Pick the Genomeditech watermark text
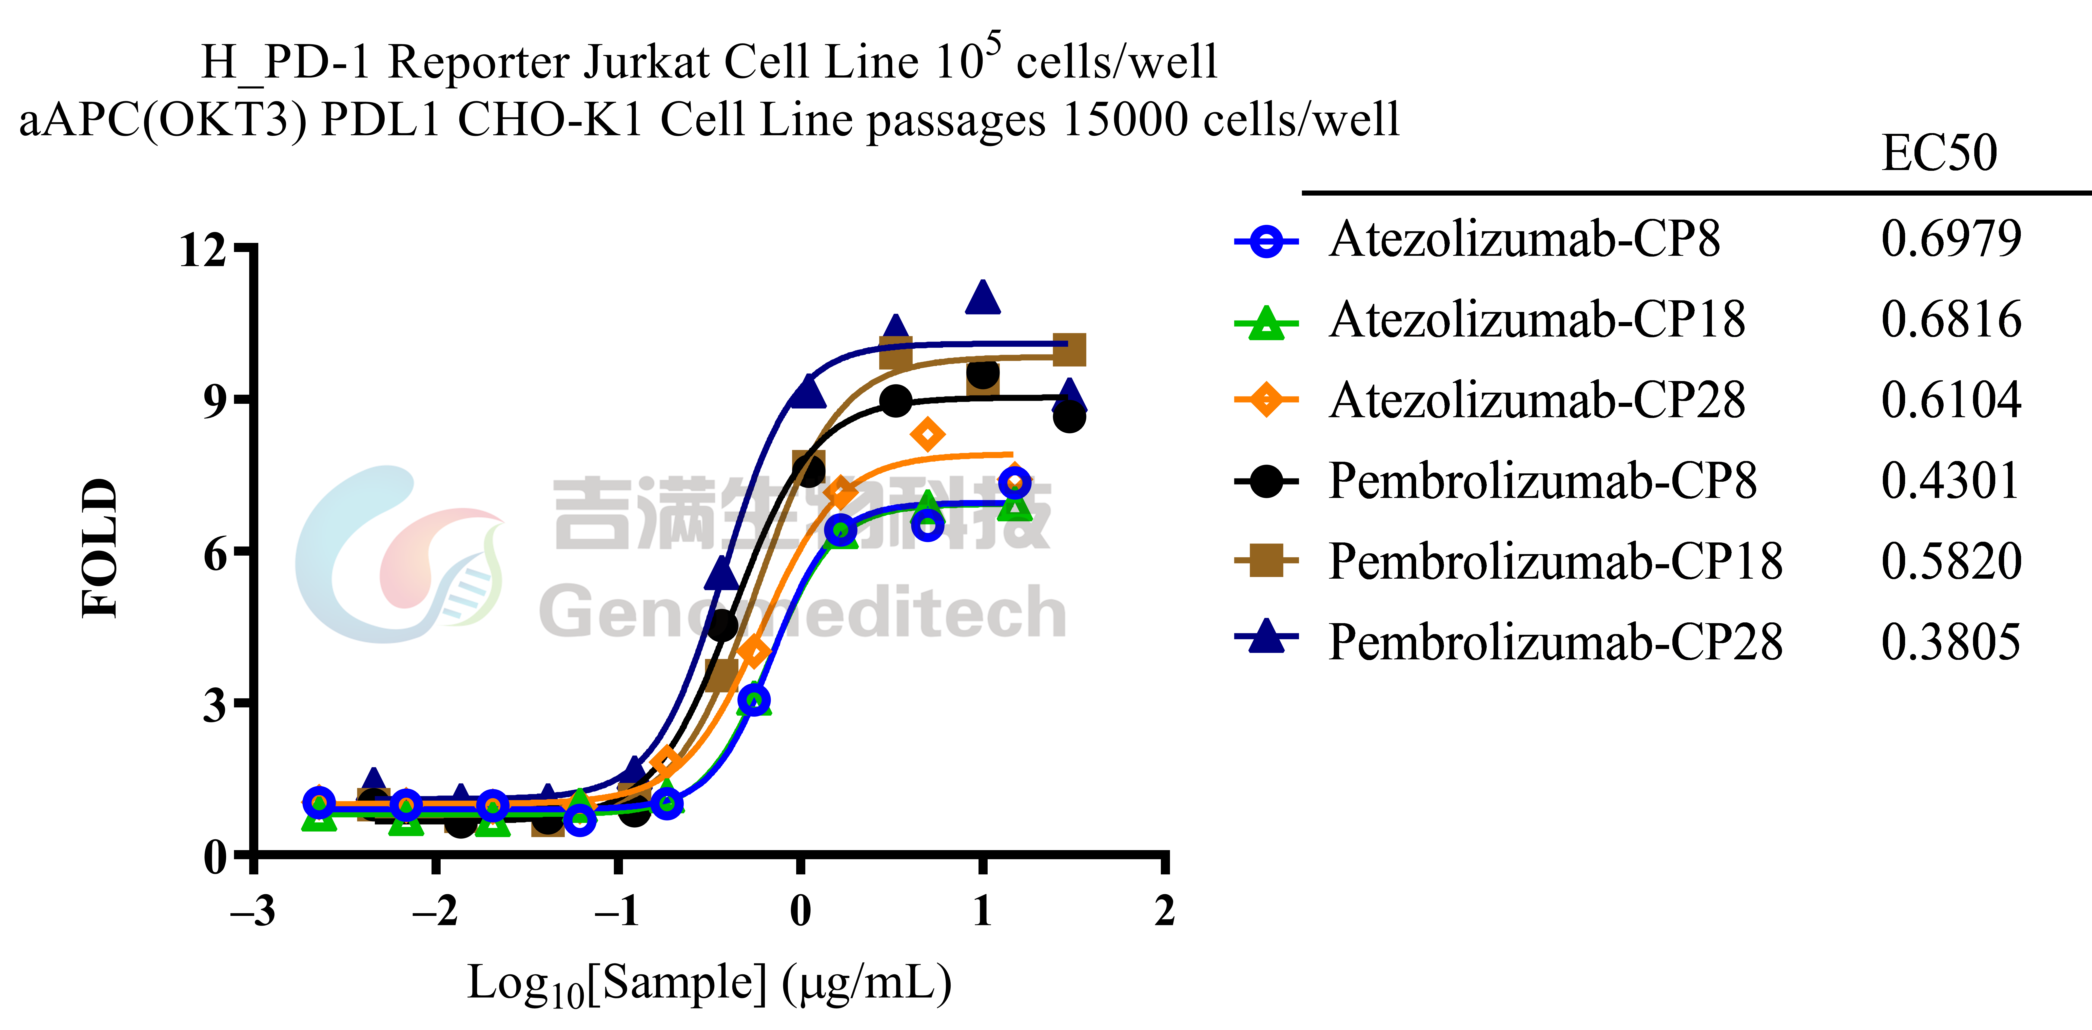[x=802, y=612]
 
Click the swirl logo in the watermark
[x=398, y=554]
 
